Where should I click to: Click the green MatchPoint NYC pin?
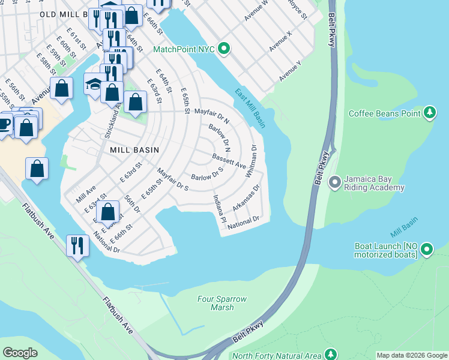[224, 48]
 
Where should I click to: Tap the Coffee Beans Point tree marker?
[429, 113]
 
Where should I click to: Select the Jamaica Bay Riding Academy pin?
[336, 181]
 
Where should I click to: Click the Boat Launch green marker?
[427, 248]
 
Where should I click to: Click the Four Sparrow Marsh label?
[221, 303]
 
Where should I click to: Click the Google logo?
[20, 352]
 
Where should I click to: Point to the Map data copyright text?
[412, 355]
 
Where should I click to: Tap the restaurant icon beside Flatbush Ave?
[77, 245]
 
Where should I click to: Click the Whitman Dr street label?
[251, 161]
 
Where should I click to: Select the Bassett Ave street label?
[229, 160]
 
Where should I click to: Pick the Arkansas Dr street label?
[246, 197]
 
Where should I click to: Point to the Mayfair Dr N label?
[211, 113]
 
